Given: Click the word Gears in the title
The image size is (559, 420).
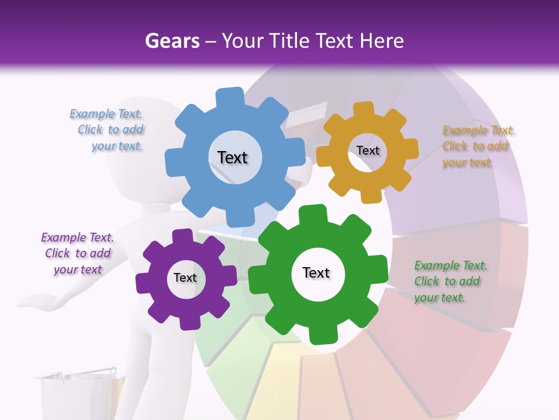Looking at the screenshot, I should pyautogui.click(x=170, y=41).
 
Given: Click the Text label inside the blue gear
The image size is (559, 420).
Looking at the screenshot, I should pyautogui.click(x=232, y=157).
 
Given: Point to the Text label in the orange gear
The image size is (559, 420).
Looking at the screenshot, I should pyautogui.click(x=367, y=150).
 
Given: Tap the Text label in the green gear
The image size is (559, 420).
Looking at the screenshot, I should pyautogui.click(x=316, y=272).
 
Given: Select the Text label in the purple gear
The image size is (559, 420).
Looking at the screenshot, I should pyautogui.click(x=185, y=278).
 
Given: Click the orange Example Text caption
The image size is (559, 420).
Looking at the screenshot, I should pyautogui.click(x=477, y=146).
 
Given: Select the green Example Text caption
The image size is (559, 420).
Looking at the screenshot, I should pyautogui.click(x=450, y=281).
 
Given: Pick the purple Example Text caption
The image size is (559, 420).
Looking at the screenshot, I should pyautogui.click(x=77, y=253).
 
